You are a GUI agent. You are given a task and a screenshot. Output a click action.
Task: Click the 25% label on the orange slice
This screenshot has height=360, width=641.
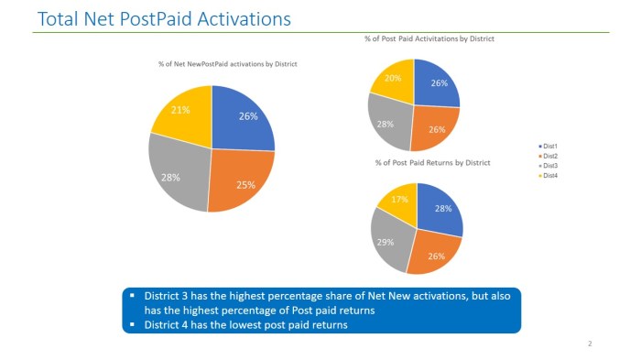click(245, 184)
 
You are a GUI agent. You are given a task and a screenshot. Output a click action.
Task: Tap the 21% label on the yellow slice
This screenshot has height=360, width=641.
click(181, 110)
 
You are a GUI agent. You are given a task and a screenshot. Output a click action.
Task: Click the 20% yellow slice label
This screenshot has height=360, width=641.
click(393, 78)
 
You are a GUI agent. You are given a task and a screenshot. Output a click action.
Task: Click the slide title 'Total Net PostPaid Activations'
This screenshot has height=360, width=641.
click(164, 18)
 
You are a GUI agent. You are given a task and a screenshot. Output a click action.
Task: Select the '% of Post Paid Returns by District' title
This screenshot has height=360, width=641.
click(432, 162)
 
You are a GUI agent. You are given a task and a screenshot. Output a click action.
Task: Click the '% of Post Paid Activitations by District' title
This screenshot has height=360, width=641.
click(429, 38)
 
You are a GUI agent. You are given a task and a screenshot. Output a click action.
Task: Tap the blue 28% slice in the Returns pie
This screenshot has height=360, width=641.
click(442, 210)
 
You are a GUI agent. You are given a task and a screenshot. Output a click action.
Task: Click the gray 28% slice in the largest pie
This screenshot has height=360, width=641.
click(171, 177)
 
